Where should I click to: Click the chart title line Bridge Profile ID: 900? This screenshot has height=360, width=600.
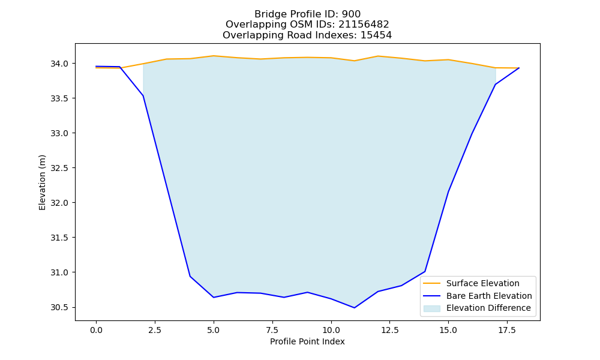(307, 14)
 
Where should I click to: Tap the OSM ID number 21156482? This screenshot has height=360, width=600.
(364, 25)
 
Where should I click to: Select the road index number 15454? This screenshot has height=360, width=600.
(376, 35)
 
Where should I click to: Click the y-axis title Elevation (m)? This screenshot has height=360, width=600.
(42, 182)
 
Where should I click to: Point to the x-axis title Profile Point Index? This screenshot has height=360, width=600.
(307, 341)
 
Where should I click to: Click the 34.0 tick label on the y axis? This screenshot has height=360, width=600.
(59, 64)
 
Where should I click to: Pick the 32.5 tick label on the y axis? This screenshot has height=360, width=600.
(59, 169)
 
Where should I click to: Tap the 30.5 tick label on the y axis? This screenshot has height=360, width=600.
(59, 308)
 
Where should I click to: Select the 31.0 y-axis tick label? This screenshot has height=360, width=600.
(59, 273)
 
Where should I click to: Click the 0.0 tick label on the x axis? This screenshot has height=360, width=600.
(96, 330)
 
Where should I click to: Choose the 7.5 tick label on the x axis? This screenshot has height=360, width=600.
(272, 330)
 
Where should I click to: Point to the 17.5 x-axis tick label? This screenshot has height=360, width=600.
(507, 330)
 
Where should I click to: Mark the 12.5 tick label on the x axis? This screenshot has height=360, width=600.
(389, 330)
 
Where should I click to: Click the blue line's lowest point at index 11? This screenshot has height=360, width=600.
(355, 308)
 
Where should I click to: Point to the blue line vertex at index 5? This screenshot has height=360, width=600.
(214, 297)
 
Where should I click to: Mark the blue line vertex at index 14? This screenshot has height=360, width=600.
(425, 272)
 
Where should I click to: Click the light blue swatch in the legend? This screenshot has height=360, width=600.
(431, 308)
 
